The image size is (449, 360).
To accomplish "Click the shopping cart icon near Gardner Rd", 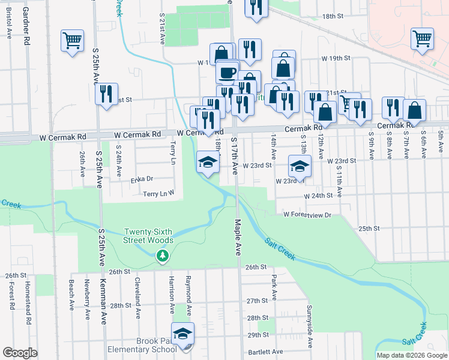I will pos(72,41).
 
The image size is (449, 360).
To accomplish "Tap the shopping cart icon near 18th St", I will pos(422,39).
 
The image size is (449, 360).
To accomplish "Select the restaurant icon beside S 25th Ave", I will pos(107,95).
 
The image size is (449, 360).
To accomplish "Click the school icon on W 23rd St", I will pos(300,166).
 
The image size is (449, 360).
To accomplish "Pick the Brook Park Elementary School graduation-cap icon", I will pos(183,333).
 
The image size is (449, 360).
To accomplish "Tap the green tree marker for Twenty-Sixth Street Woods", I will pos(162,256).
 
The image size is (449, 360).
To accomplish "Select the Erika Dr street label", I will pos(142,179).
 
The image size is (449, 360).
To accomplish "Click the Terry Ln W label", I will pos(158,193).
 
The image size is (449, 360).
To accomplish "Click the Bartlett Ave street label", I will pos(264,352).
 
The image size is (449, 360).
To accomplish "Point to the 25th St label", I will pos(369,229).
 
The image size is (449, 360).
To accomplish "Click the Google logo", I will pos(20,353).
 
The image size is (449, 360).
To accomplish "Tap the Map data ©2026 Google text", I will pos(411,355).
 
